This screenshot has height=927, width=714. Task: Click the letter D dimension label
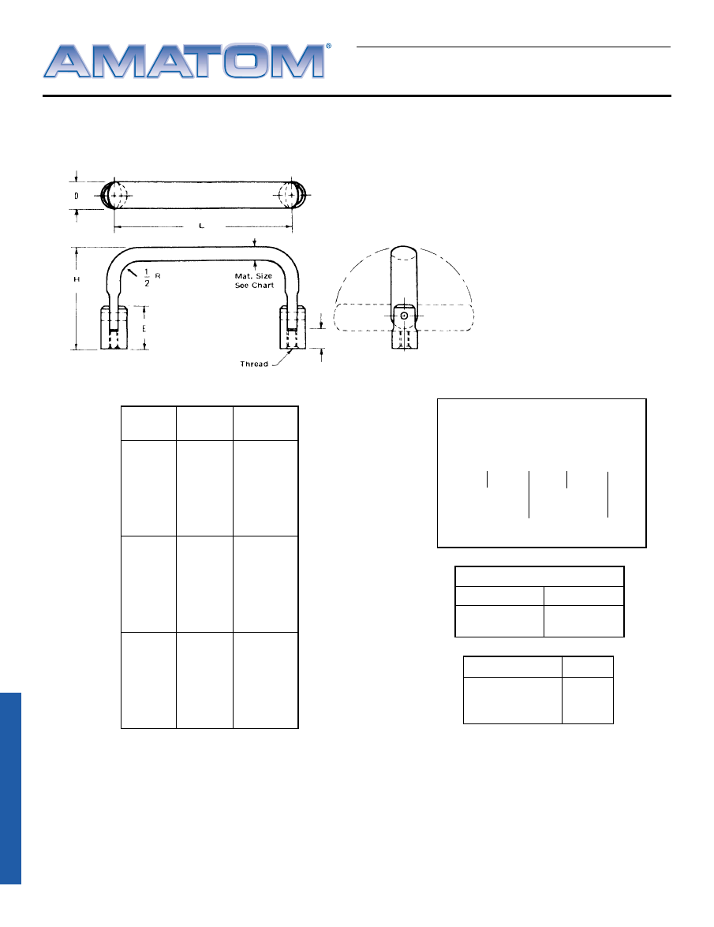pyautogui.click(x=77, y=196)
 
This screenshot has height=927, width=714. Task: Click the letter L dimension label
pyautogui.click(x=201, y=226)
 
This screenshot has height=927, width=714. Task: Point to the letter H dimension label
pyautogui.click(x=77, y=279)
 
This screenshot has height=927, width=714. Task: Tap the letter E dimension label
pyautogui.click(x=144, y=329)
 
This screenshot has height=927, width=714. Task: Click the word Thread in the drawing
pyautogui.click(x=254, y=364)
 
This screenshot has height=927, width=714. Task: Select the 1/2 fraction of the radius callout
pyautogui.click(x=147, y=278)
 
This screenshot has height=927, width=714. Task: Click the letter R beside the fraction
pyautogui.click(x=158, y=276)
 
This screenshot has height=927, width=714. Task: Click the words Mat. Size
pyautogui.click(x=253, y=276)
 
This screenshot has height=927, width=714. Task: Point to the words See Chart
pyautogui.click(x=254, y=286)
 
